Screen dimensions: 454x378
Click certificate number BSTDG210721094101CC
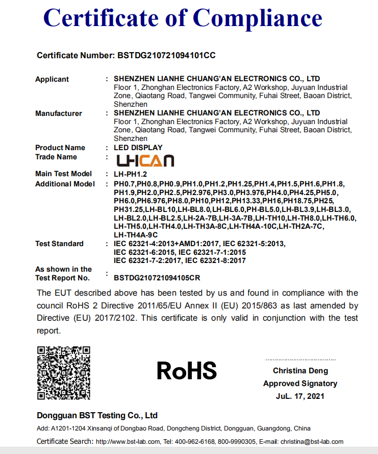[170, 55]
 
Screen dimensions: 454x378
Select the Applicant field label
[52, 79]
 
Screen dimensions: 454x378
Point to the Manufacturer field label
[59, 113]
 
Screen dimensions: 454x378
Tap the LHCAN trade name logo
[145, 160]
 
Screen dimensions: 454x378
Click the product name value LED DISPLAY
[138, 148]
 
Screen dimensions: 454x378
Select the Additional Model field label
[65, 184]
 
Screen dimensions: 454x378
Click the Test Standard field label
[59, 244]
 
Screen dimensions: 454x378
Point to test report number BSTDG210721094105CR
[157, 278]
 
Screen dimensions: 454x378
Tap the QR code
[64, 372]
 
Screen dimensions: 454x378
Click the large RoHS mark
[187, 370]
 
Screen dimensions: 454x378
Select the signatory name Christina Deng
[300, 371]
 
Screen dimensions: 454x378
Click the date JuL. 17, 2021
[300, 396]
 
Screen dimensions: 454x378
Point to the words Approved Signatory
[300, 384]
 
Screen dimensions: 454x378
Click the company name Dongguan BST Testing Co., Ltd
[97, 415]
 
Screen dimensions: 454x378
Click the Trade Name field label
[56, 157]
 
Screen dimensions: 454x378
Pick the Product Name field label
[60, 148]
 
